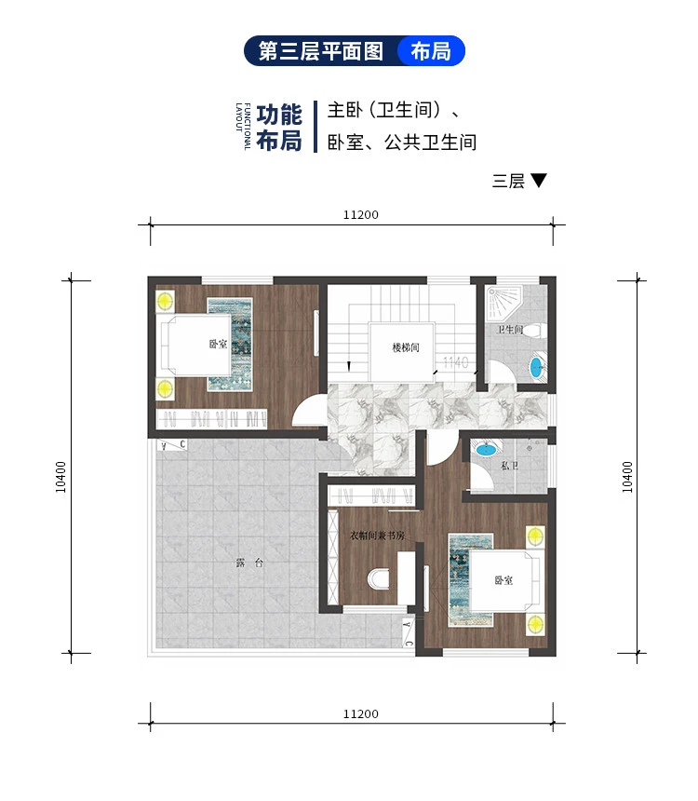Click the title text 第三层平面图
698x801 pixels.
pyautogui.click(x=321, y=51)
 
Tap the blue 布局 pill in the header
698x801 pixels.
pyautogui.click(x=430, y=51)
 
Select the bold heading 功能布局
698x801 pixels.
pyautogui.click(x=279, y=128)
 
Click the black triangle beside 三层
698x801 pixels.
pyautogui.click(x=538, y=181)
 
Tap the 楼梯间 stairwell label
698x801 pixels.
pyautogui.click(x=406, y=348)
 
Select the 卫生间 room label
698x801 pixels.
pyautogui.click(x=509, y=331)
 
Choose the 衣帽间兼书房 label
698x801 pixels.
pyautogui.click(x=376, y=536)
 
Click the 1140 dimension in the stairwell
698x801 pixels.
pyautogui.click(x=455, y=361)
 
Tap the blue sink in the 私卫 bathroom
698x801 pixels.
pyautogui.click(x=485, y=450)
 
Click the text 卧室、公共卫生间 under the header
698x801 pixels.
pyautogui.click(x=402, y=143)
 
